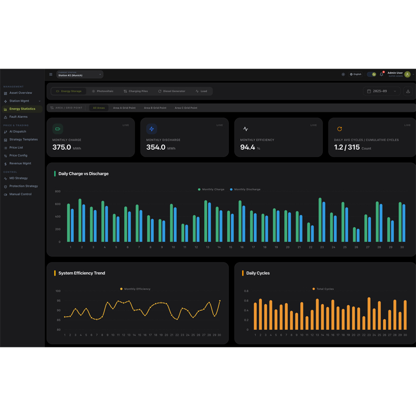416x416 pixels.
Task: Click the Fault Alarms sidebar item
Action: (18, 117)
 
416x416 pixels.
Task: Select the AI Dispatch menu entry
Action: (17, 132)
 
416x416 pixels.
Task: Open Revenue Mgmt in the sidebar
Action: (20, 163)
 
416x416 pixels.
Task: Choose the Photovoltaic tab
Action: (102, 91)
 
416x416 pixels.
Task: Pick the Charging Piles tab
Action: (136, 91)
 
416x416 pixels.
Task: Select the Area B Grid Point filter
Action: (155, 108)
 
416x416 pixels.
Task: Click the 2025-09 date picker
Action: (382, 91)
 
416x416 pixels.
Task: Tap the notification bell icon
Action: (381, 74)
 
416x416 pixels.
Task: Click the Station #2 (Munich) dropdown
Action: (79, 74)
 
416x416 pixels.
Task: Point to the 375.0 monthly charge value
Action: (61, 147)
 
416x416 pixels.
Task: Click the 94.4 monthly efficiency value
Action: (248, 147)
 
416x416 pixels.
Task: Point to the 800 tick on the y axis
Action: (58, 191)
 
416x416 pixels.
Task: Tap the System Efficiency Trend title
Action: (82, 273)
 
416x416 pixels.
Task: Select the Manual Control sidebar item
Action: (20, 194)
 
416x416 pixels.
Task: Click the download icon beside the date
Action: (408, 91)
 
